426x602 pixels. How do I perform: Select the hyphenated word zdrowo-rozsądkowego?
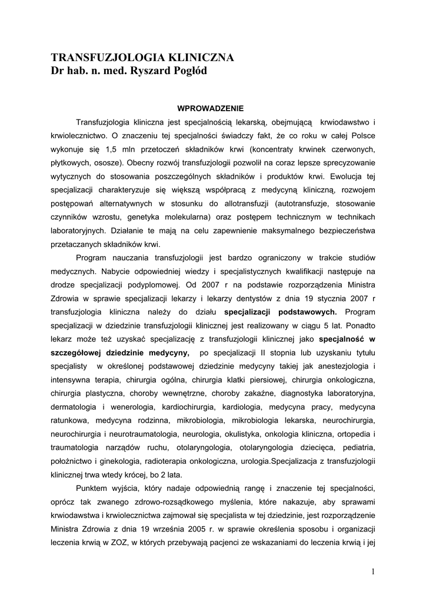[x=177, y=501]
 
